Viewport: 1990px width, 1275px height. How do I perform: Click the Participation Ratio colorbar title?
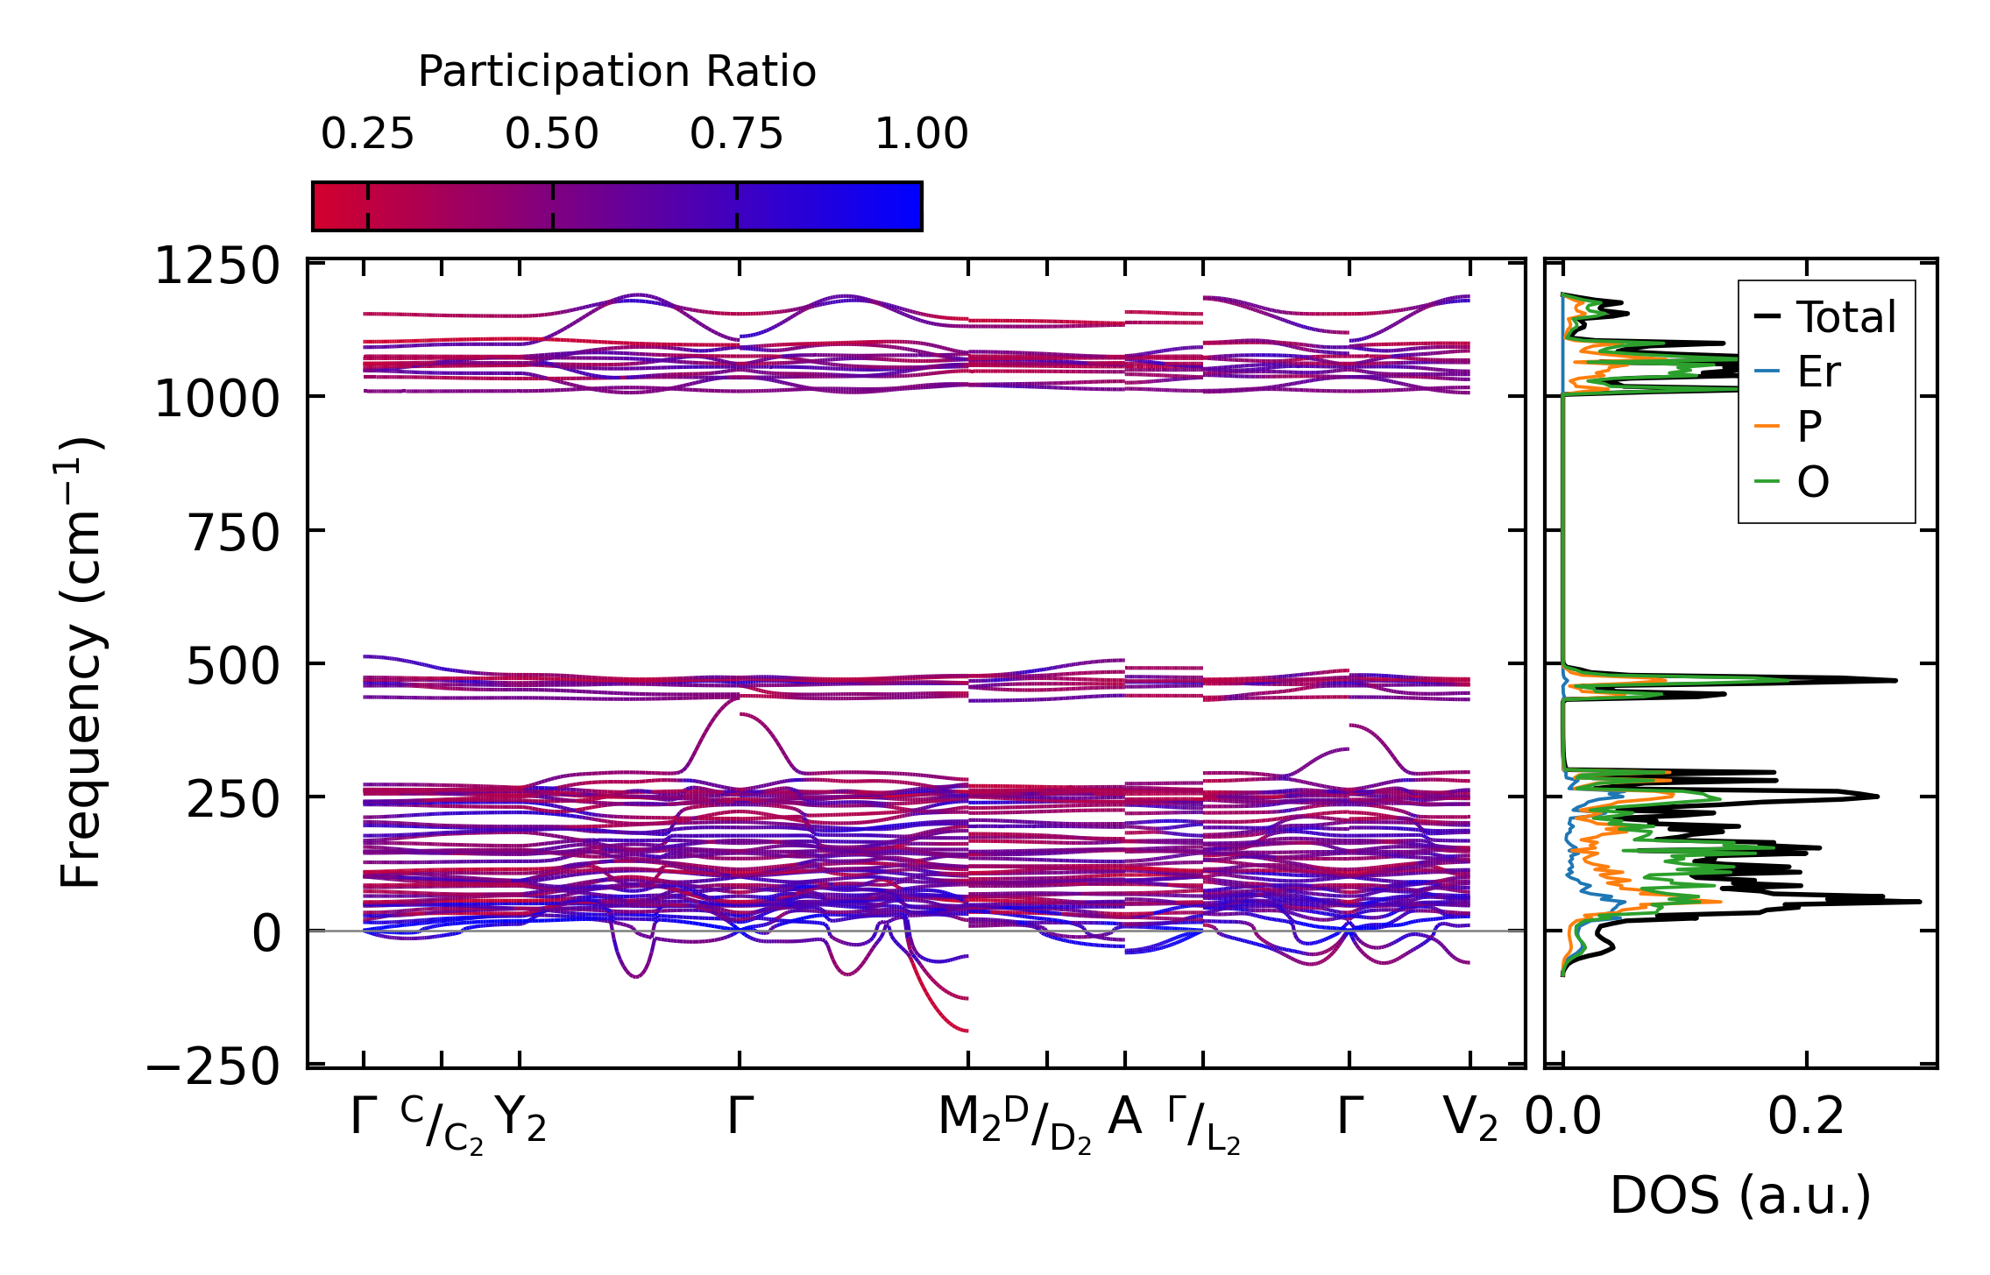[x=617, y=72]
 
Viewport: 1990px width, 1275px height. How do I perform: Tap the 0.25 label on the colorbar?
[x=367, y=134]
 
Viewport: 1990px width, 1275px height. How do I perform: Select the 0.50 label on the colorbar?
[x=552, y=134]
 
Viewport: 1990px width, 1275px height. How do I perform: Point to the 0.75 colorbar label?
[x=736, y=134]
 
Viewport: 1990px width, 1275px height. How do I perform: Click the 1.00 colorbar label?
[x=922, y=134]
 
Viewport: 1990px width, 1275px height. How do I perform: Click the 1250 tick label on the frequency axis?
[x=216, y=266]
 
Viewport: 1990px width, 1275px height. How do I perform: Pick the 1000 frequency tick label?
[x=216, y=400]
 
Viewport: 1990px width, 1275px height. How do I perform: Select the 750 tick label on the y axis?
[x=233, y=534]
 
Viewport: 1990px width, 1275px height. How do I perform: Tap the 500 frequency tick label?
[x=233, y=668]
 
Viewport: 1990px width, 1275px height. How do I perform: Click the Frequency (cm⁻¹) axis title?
[x=81, y=662]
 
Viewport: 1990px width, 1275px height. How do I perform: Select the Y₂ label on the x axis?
[x=521, y=1119]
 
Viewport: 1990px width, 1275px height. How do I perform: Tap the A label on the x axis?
[x=1124, y=1117]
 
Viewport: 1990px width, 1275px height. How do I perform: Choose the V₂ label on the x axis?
[x=1470, y=1119]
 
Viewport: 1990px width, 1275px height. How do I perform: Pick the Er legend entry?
[x=1818, y=372]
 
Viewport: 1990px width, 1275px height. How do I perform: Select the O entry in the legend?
[x=1813, y=481]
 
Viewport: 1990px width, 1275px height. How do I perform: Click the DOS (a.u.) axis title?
[x=1740, y=1195]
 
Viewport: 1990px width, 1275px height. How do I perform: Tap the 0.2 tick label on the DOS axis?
[x=1805, y=1117]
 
